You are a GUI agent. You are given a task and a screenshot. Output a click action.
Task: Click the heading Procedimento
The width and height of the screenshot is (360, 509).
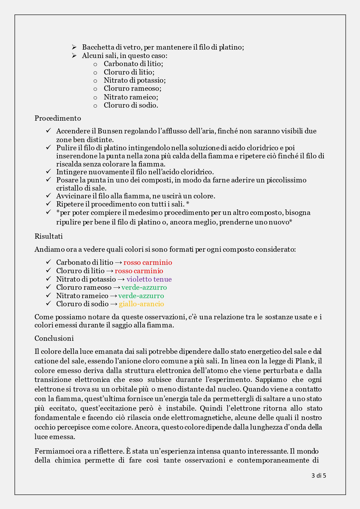pyautogui.click(x=58, y=118)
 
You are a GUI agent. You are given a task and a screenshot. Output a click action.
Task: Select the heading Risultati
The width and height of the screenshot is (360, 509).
pyautogui.click(x=48, y=236)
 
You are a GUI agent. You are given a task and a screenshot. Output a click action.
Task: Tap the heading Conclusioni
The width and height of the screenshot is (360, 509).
pyautogui.click(x=54, y=338)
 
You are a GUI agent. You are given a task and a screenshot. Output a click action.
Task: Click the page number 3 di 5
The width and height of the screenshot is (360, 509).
pyautogui.click(x=319, y=476)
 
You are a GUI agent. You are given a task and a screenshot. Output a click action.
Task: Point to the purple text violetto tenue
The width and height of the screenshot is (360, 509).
pyautogui.click(x=149, y=279)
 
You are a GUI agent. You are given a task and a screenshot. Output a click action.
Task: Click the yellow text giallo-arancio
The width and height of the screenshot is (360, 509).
pyautogui.click(x=141, y=304)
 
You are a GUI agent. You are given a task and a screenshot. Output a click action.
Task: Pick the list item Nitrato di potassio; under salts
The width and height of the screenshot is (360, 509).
pyautogui.click(x=135, y=80)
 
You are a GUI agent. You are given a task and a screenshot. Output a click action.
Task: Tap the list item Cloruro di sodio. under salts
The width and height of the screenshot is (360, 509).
pyautogui.click(x=131, y=105)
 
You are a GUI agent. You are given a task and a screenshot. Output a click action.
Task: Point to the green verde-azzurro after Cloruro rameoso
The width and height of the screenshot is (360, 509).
pyautogui.click(x=144, y=287)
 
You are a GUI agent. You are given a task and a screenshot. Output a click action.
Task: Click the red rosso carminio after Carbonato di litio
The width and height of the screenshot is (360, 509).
pyautogui.click(x=148, y=262)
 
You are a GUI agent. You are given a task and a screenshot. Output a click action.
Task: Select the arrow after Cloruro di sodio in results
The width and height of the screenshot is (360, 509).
pyautogui.click(x=114, y=304)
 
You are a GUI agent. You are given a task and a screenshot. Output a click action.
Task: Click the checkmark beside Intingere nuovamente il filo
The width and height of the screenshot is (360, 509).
pyautogui.click(x=48, y=172)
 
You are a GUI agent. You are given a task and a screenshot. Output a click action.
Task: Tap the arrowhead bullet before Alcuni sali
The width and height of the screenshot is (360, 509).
pyautogui.click(x=74, y=55)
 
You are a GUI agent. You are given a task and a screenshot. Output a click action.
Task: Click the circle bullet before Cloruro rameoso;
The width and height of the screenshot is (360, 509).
pyautogui.click(x=95, y=89)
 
